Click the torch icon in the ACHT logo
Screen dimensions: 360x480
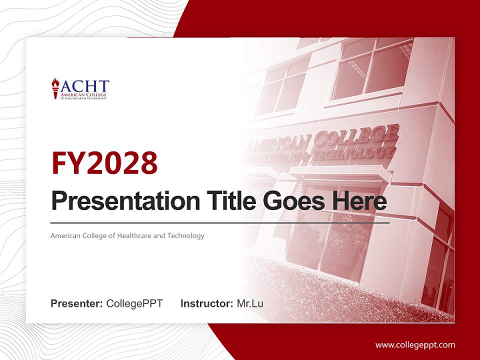click(55, 88)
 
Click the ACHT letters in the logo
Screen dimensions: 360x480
click(83, 85)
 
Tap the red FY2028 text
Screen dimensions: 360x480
click(104, 162)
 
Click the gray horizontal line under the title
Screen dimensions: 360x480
click(220, 222)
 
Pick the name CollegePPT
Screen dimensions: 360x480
click(134, 303)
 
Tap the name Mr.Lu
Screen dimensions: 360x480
click(250, 303)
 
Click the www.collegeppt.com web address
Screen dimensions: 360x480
click(415, 344)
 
